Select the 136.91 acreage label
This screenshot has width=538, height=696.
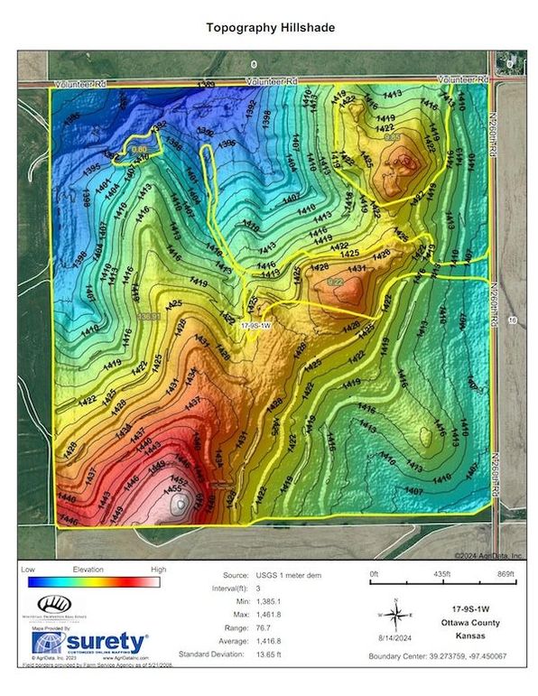tap(149, 317)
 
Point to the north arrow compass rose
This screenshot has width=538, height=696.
tap(394, 617)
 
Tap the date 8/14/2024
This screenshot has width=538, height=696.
tap(394, 640)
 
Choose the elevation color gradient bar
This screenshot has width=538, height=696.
tap(97, 582)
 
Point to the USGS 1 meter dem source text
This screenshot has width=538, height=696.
tap(297, 574)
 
